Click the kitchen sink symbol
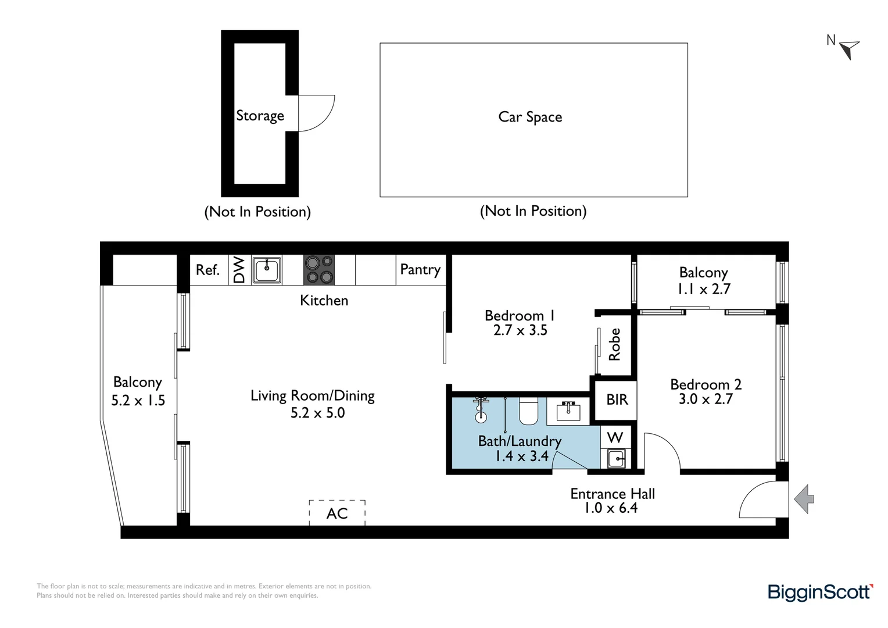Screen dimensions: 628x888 267,270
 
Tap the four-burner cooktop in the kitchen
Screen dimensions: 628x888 319,270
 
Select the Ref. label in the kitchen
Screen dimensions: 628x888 207,270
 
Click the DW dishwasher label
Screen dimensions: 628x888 239,270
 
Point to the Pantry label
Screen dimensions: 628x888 420,270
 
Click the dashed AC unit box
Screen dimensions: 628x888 337,512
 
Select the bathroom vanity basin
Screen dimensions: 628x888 568,411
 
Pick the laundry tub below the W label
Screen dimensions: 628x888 616,459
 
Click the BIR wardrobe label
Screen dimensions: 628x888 617,399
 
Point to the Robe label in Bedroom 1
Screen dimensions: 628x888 615,344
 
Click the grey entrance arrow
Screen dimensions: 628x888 804,499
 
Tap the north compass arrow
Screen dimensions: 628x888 850,49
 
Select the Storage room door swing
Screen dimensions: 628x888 317,113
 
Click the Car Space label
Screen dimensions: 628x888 530,117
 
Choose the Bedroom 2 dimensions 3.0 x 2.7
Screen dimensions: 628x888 706,399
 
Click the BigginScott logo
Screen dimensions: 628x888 820,592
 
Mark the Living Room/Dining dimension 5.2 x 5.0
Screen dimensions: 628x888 317,413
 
